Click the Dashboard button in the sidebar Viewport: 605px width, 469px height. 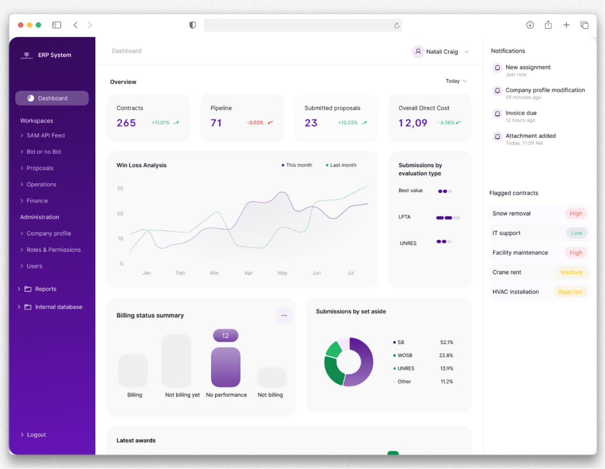click(x=52, y=98)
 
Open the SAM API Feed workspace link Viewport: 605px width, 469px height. click(x=45, y=135)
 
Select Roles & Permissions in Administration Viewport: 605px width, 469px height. click(x=53, y=250)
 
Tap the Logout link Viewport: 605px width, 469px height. click(x=36, y=435)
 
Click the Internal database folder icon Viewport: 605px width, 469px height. click(x=28, y=307)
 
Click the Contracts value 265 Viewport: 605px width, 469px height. click(x=126, y=123)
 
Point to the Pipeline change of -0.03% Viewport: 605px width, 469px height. click(x=255, y=122)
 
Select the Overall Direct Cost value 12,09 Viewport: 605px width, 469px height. click(x=413, y=123)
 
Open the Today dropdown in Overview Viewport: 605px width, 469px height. click(x=456, y=81)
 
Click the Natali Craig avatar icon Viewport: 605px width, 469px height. click(x=418, y=52)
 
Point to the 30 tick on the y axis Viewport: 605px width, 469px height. click(x=120, y=188)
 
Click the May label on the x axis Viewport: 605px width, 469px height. click(x=282, y=273)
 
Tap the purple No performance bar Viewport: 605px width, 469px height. click(x=226, y=367)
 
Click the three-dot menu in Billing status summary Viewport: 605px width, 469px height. click(x=284, y=315)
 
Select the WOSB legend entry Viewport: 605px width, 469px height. click(x=404, y=355)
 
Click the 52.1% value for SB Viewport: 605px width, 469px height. click(x=447, y=343)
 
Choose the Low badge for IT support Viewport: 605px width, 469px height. click(x=576, y=233)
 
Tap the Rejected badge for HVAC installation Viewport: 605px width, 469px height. click(x=570, y=292)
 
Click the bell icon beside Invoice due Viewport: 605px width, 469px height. click(x=497, y=114)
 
